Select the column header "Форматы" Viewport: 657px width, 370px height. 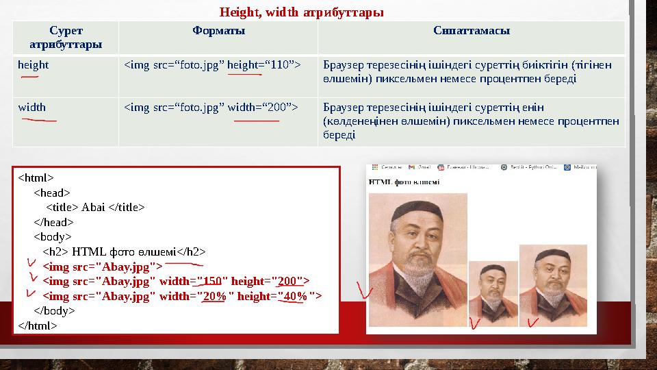[x=218, y=31]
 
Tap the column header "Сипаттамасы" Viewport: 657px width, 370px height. [x=471, y=31]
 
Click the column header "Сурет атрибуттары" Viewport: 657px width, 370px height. [x=66, y=38]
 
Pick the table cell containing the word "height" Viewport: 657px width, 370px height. [x=33, y=65]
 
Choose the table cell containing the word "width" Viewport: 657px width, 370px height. [x=31, y=108]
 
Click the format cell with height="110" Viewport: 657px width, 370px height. [x=212, y=65]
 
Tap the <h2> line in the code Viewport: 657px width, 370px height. [x=123, y=251]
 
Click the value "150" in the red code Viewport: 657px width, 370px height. [x=212, y=281]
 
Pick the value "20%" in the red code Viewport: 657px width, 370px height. [x=215, y=295]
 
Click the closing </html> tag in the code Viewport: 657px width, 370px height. [x=38, y=325]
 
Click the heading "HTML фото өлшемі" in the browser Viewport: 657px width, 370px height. [x=404, y=182]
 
